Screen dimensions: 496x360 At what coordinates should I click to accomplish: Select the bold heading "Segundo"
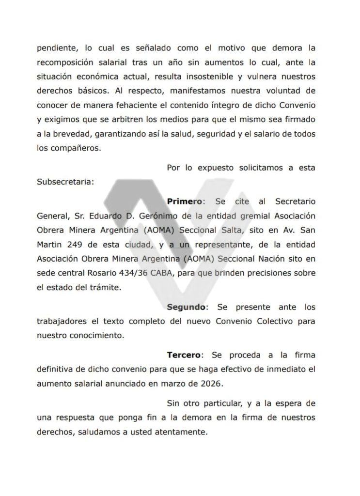pyautogui.click(x=187, y=307)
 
